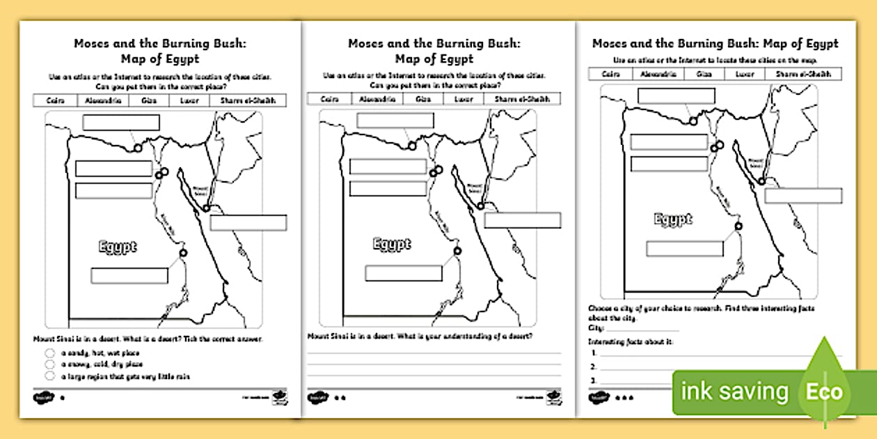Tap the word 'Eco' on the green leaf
824,392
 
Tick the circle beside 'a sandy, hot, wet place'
49,353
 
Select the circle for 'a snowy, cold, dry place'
49,364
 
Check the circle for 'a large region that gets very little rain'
49,376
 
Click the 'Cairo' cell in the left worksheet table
55,101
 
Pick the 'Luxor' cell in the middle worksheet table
464,100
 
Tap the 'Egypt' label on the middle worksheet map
392,244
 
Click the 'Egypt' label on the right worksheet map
673,219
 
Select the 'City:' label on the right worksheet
596,328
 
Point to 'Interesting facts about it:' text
631,341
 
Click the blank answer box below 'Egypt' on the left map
129,275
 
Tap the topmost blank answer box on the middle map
395,121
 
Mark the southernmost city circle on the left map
183,253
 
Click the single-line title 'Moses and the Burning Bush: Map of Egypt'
715,43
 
